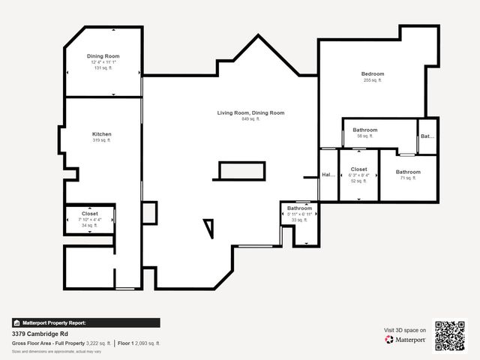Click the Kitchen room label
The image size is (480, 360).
tap(101, 134)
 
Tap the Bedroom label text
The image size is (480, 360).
tap(373, 73)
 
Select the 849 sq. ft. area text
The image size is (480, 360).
tap(250, 119)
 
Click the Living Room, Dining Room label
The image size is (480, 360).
tap(250, 112)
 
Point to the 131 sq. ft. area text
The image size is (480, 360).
tap(103, 68)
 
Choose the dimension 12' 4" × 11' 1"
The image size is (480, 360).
tap(103, 62)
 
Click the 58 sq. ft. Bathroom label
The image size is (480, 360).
tap(365, 130)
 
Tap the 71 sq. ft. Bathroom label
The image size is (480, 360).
tap(408, 172)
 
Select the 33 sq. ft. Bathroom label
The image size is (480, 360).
tap(299, 208)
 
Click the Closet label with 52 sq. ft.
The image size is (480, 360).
tap(358, 169)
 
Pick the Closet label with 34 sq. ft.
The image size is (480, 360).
tap(89, 214)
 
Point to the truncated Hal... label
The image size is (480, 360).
tap(328, 175)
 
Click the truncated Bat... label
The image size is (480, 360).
tap(427, 136)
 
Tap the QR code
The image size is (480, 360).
tap(450, 336)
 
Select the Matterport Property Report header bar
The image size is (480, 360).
tap(85, 322)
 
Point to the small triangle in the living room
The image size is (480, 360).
tap(208, 226)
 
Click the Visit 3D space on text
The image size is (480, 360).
tap(405, 330)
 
